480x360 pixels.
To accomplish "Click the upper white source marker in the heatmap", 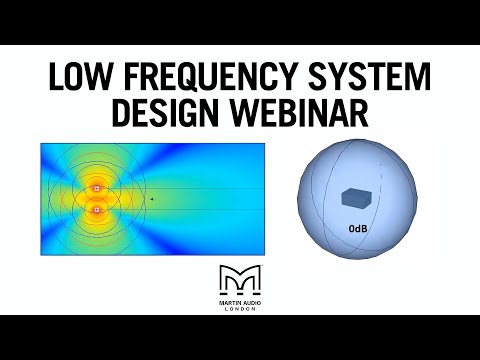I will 96,188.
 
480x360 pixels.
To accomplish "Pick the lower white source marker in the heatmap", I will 96,210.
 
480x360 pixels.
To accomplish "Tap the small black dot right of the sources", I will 151,199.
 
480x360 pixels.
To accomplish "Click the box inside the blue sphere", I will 355,198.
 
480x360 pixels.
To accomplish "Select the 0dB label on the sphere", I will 357,229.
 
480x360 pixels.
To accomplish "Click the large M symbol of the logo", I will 239,279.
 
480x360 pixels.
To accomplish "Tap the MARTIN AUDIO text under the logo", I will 239,301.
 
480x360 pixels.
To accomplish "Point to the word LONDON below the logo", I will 239,309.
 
